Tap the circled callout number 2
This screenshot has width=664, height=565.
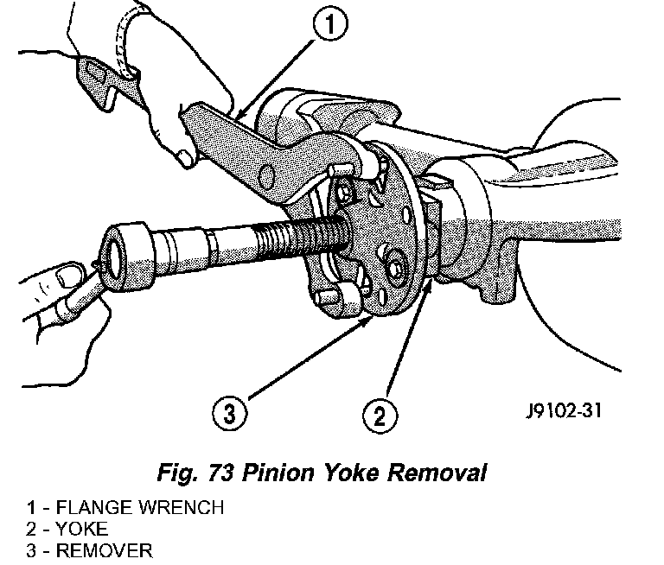coord(380,416)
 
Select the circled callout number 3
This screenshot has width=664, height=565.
coord(229,412)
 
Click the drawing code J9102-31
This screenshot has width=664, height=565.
coord(564,410)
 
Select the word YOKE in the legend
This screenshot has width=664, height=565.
coord(82,529)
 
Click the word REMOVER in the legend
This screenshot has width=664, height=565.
coord(104,550)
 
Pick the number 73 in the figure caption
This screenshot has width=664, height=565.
coord(220,473)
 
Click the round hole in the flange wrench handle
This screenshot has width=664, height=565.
coord(266,176)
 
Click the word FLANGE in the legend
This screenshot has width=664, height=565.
coord(96,507)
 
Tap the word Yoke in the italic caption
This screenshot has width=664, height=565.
coord(352,473)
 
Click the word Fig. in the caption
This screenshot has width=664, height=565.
coord(177,473)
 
